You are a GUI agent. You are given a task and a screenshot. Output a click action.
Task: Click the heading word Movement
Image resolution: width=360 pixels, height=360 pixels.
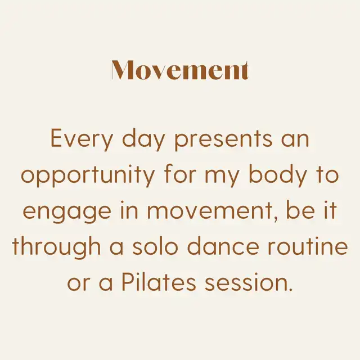click(x=180, y=70)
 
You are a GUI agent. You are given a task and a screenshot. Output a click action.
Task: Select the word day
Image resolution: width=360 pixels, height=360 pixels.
click(x=143, y=139)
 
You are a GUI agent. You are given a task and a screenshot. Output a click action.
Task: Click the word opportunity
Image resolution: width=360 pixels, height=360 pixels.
click(x=88, y=176)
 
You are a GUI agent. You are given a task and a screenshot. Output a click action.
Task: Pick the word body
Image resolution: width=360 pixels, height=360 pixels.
click(x=278, y=176)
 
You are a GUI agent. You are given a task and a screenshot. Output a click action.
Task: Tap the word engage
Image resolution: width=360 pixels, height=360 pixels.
click(x=67, y=211)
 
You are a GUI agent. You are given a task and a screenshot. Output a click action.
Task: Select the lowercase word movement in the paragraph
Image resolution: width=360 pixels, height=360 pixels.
click(x=212, y=211)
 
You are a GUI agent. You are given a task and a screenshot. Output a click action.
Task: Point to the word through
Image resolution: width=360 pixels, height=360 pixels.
click(x=56, y=247)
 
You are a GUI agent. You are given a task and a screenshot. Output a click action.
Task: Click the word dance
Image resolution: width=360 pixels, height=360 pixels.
click(x=223, y=246)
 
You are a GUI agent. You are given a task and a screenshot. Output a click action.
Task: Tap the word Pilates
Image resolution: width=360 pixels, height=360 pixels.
click(x=159, y=282)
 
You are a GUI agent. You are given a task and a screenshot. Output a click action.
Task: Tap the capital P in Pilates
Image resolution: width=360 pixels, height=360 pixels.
click(x=128, y=282)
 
